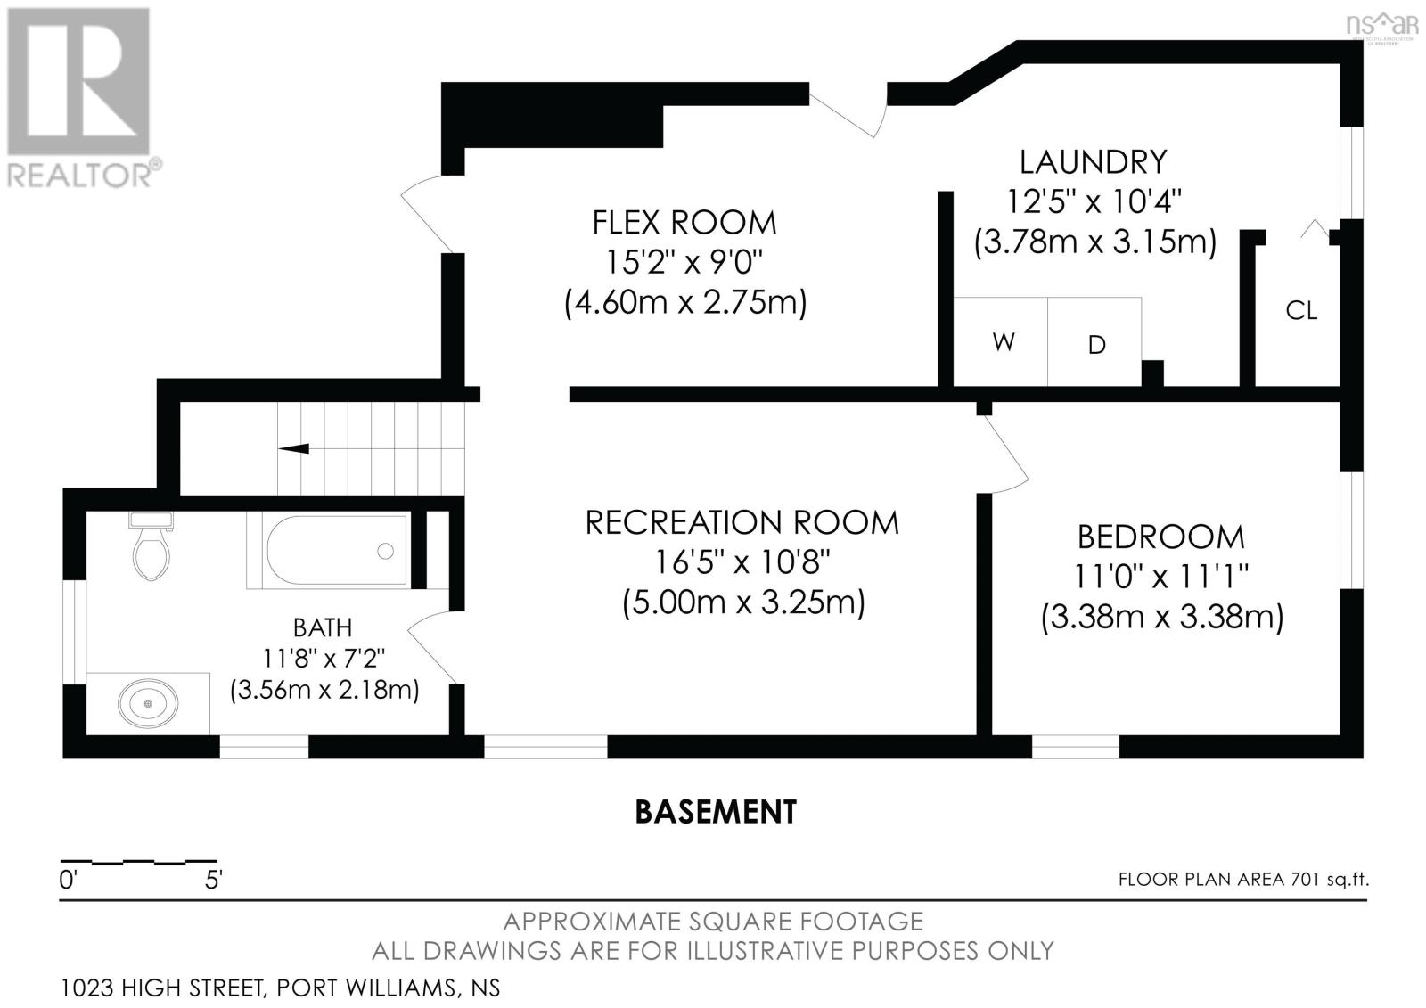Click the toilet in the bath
click(x=152, y=545)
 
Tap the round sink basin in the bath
click(x=148, y=703)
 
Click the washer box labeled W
click(x=1000, y=342)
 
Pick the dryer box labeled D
click(x=1094, y=342)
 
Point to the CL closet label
click(x=1301, y=311)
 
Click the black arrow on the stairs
click(x=293, y=448)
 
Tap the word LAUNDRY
click(x=1093, y=161)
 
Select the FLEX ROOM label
click(x=684, y=222)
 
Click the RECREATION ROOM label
click(x=742, y=523)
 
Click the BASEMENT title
click(x=716, y=812)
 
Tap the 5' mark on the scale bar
click(x=213, y=880)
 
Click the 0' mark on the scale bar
click(x=68, y=880)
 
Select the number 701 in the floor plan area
click(x=1305, y=880)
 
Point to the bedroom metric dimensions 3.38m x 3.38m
click(x=1162, y=617)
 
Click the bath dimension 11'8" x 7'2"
click(x=324, y=659)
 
